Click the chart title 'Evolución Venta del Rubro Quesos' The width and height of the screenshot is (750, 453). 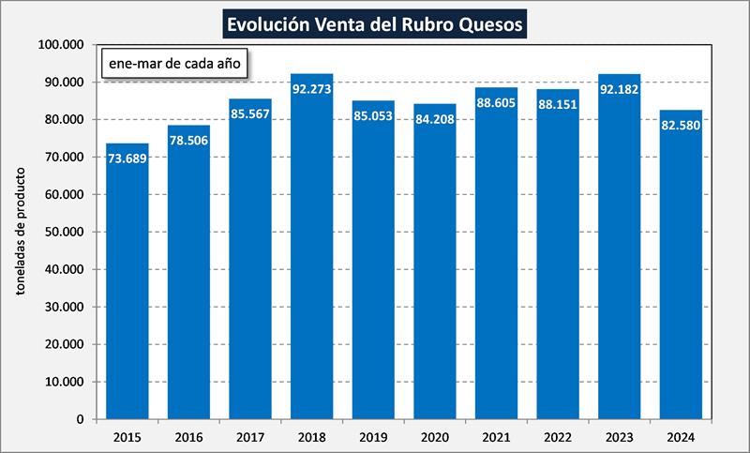(375, 23)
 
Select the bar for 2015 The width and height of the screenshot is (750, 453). (127, 281)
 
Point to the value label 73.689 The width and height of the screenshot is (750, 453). (127, 158)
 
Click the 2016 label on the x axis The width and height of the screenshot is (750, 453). (188, 436)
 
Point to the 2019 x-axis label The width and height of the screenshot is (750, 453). (373, 436)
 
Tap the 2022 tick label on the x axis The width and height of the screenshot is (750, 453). (558, 436)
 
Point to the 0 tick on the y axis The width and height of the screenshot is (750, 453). (81, 419)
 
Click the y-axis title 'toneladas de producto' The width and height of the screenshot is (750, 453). (20, 232)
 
